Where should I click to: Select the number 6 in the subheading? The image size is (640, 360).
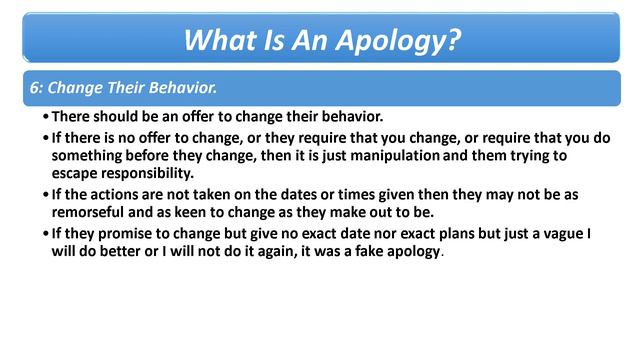click(x=35, y=87)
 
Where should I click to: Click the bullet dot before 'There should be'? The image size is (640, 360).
click(x=46, y=118)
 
